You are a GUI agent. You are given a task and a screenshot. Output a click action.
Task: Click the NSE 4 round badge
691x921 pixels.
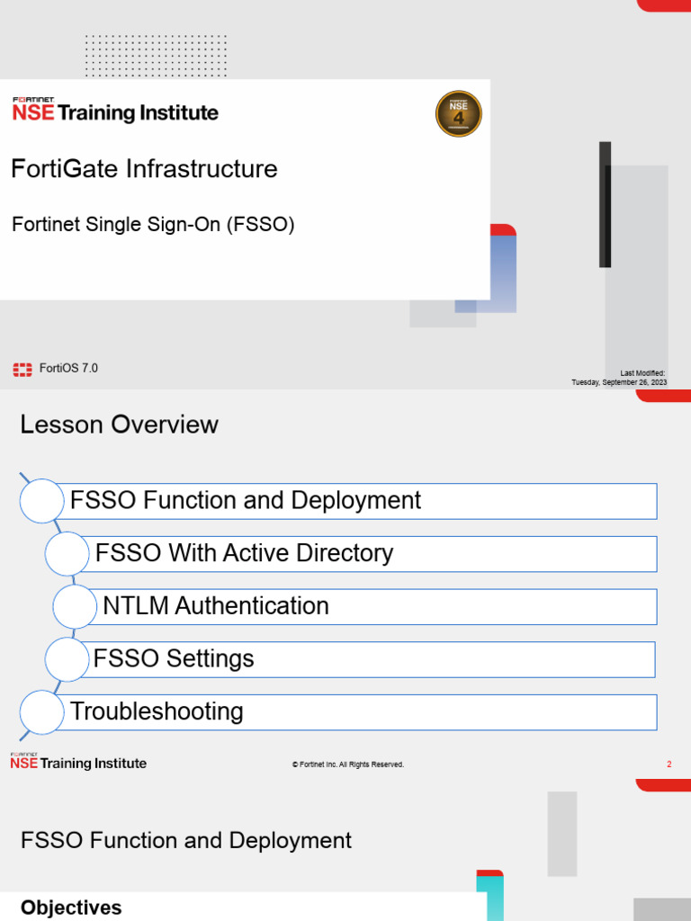coord(459,114)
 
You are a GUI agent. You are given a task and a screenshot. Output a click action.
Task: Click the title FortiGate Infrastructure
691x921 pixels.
coord(144,169)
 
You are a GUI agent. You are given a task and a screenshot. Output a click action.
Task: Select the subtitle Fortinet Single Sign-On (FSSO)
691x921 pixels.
coord(153,225)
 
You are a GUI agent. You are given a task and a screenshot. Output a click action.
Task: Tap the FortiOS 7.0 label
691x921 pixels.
coord(68,368)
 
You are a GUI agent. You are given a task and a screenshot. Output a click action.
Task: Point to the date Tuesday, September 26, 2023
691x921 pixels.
coord(619,382)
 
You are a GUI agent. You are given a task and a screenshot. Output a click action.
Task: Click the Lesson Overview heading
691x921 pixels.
coord(119,425)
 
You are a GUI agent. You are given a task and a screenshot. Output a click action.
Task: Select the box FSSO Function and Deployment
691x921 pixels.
coord(360,501)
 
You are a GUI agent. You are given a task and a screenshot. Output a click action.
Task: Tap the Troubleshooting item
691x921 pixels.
coord(360,712)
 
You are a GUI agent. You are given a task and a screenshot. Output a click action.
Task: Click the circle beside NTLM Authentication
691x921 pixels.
coord(76,606)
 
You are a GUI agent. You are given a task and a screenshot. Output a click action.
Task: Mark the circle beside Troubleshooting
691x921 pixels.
coord(41,712)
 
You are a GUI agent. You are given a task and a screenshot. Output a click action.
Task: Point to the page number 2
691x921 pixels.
coord(669,765)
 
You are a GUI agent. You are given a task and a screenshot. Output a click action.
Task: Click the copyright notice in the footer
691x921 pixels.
coord(348,765)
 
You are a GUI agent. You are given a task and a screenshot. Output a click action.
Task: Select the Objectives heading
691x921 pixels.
coord(71,908)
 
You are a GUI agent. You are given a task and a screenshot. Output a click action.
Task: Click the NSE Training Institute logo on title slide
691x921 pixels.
coord(114,110)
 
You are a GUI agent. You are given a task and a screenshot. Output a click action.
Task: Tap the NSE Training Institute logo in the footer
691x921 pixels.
coord(78,762)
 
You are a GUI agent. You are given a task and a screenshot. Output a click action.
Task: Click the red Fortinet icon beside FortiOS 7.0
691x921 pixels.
coord(22,369)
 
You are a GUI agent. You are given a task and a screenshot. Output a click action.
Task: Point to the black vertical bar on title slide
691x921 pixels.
coord(605,204)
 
